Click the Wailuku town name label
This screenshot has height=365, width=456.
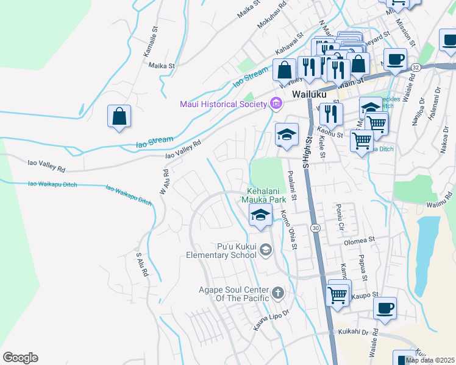(x=309, y=95)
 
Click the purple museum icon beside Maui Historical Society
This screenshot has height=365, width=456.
(x=276, y=103)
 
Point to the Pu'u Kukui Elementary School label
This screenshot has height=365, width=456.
(x=237, y=251)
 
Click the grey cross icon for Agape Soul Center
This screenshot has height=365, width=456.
(x=278, y=294)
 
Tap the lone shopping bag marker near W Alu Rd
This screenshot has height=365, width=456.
(x=119, y=116)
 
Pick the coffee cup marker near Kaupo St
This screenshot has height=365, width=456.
(x=385, y=308)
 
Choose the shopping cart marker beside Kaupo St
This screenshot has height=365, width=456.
(x=338, y=294)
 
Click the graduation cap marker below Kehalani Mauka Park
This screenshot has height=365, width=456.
(x=260, y=215)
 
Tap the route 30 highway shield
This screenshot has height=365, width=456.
(x=315, y=228)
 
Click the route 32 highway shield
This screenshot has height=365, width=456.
(x=415, y=66)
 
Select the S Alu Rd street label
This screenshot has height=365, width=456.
(x=142, y=265)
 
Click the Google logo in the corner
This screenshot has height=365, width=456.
(x=20, y=358)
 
